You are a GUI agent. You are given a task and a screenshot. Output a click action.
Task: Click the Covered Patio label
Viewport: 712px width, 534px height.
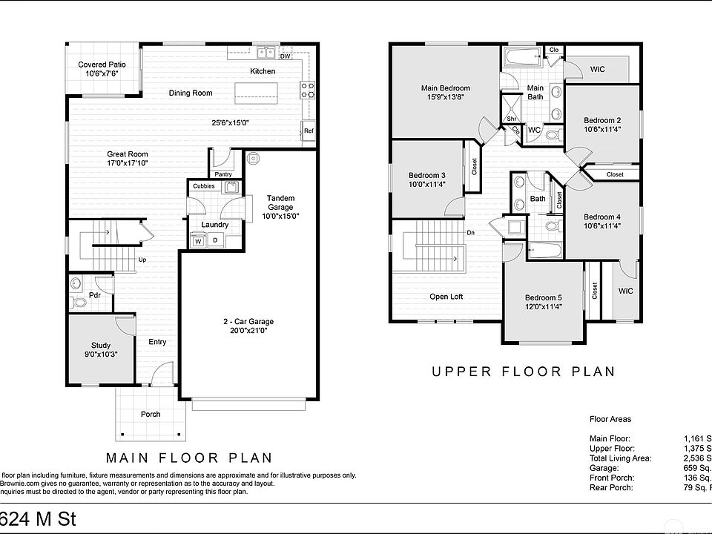pos(102,65)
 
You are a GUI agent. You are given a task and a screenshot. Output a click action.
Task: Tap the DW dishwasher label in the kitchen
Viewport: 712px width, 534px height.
pos(285,56)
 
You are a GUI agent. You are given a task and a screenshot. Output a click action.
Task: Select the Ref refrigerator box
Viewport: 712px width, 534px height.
pos(309,131)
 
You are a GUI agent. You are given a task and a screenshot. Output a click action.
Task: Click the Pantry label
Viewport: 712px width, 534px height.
pos(222,174)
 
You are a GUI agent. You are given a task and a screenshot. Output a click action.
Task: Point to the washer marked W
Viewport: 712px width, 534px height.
pos(198,240)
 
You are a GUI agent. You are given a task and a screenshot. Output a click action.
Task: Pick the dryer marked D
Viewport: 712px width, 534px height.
pos(216,240)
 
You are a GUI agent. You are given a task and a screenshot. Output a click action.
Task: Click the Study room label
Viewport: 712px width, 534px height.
pos(101,345)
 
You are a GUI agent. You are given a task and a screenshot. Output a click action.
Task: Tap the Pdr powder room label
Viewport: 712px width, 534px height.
pos(94,295)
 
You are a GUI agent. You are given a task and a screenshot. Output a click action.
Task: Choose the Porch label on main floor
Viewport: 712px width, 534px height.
pos(151,414)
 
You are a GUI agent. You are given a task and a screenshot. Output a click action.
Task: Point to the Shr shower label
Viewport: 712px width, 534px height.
pos(512,119)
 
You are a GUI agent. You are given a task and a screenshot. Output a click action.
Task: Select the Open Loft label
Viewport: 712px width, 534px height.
pos(446,297)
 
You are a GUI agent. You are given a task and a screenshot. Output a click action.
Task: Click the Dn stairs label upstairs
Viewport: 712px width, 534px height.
pos(470,234)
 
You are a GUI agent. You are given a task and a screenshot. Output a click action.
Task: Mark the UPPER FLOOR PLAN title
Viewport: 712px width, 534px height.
pos(524,372)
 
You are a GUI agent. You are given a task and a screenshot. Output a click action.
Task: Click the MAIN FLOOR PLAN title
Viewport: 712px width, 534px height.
pos(189,458)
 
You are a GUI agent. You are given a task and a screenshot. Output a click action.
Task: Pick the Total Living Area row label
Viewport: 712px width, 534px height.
pos(620,458)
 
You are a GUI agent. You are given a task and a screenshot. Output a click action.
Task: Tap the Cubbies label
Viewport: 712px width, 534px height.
pos(204,186)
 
